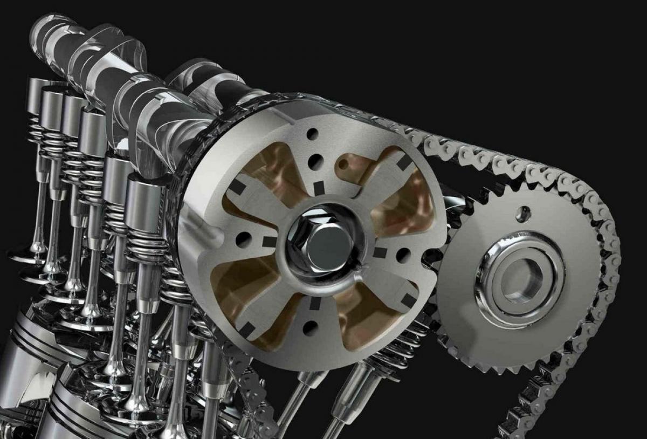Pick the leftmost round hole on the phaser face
pos(244,238)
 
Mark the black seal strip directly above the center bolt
pos(319,188)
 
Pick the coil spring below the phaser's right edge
pos(402,345)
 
